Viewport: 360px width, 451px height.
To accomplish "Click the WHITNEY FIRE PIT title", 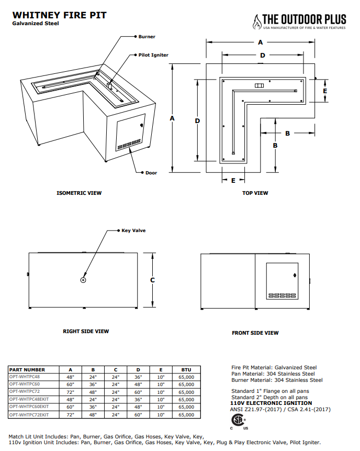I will (x=59, y=15).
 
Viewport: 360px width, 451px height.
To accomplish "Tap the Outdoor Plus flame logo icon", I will (x=256, y=21).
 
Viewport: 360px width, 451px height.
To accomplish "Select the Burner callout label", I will (x=147, y=37).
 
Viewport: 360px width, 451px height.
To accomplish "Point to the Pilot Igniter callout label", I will (x=153, y=54).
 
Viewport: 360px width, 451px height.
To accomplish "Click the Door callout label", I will (x=151, y=172).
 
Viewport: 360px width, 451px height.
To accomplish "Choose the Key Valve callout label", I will (x=133, y=230).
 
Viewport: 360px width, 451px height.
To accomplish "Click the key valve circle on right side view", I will (x=83, y=280).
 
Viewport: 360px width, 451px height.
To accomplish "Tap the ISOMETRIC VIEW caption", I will (x=79, y=193).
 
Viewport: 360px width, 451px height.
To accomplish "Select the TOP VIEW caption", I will (x=255, y=193).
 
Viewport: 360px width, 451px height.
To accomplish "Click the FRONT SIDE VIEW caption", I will (x=255, y=333).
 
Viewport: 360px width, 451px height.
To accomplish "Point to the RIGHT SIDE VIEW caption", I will (x=86, y=331).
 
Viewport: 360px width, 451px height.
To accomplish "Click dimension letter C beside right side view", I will (x=153, y=280).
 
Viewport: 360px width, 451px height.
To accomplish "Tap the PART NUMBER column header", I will (x=27, y=370).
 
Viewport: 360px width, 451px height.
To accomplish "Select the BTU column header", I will (x=186, y=370).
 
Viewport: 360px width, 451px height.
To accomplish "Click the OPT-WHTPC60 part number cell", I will (x=25, y=384).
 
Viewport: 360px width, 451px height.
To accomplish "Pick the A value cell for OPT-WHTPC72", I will (x=70, y=392).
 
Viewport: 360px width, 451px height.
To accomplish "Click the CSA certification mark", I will (x=238, y=421).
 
